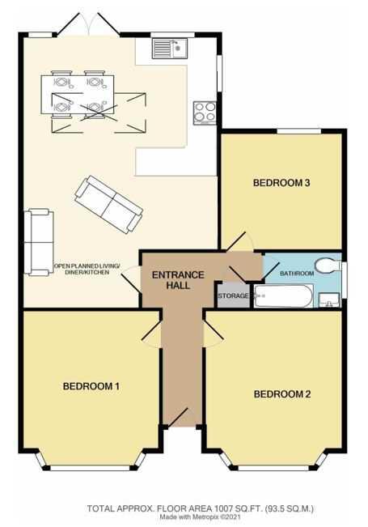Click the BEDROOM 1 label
pyautogui.click(x=91, y=386)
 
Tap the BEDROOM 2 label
pyautogui.click(x=282, y=394)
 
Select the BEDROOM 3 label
pyautogui.click(x=281, y=183)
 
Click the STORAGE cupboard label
pyautogui.click(x=233, y=296)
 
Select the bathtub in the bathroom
pyautogui.click(x=283, y=296)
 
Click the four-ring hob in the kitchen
pyautogui.click(x=204, y=111)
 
